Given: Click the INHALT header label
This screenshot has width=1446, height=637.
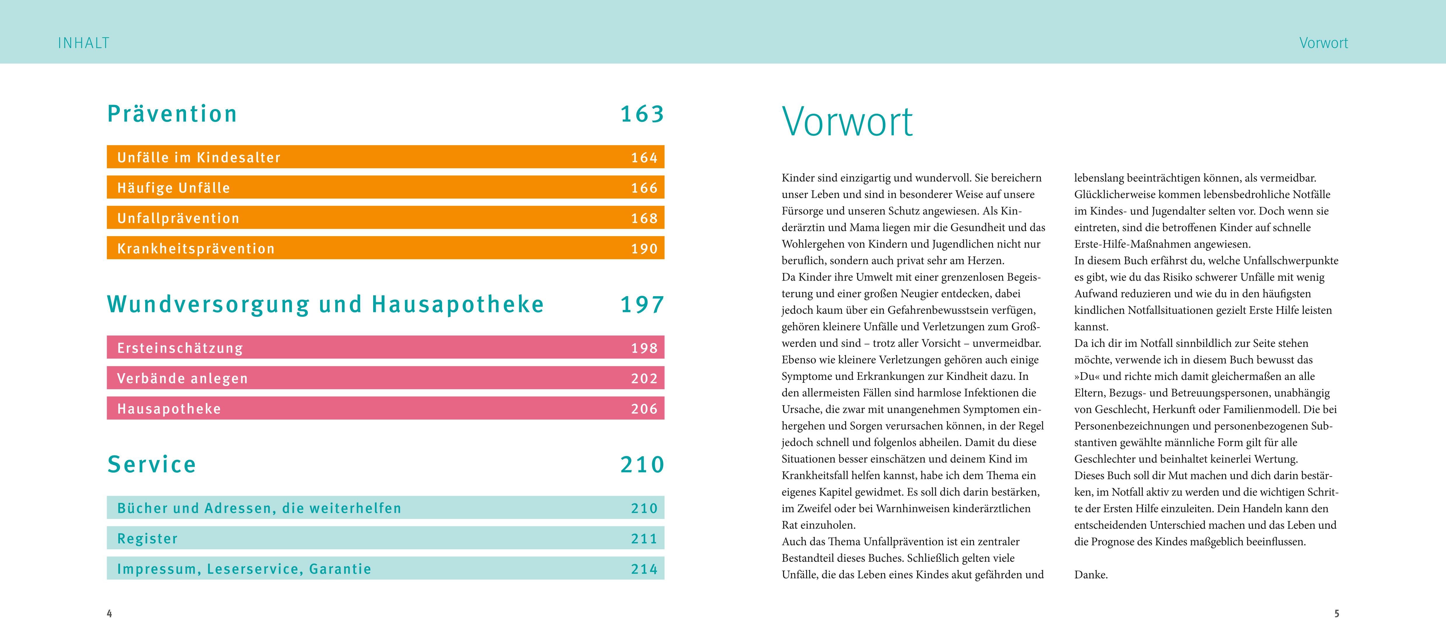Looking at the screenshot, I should [84, 43].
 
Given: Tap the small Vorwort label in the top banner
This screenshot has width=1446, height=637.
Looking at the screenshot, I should [1323, 43].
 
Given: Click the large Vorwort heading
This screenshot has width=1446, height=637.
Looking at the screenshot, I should [847, 122].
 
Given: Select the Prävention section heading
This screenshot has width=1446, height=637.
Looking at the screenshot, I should [172, 114].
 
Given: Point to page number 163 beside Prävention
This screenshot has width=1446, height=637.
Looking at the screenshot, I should [642, 114].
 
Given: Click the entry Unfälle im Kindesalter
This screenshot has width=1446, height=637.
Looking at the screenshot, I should [199, 158].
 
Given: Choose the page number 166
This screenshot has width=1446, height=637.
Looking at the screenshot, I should [644, 188].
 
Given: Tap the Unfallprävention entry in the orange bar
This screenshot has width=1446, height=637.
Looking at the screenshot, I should [178, 218].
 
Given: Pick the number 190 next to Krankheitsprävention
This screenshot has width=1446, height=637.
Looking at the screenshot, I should [644, 249].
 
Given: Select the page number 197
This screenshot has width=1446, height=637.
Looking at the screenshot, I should [642, 305].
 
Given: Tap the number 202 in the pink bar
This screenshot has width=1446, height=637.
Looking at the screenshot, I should [644, 378].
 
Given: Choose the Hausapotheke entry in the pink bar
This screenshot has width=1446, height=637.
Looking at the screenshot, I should [169, 408].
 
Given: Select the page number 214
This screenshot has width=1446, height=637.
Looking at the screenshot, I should [644, 569].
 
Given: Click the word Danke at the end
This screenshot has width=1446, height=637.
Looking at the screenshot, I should [1091, 575].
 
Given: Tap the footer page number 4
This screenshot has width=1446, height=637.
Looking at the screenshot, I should [109, 613].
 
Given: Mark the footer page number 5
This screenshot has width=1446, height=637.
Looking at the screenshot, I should [1337, 613].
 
